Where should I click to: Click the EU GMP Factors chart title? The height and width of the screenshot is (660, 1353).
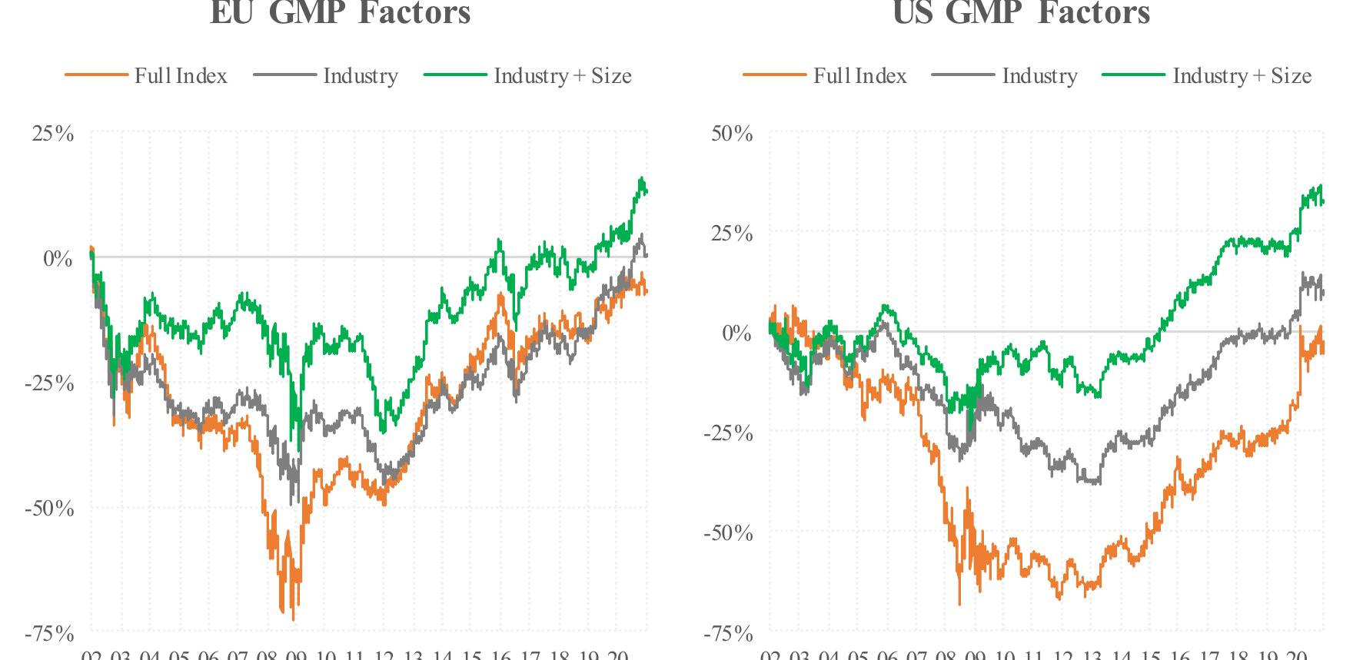(x=340, y=12)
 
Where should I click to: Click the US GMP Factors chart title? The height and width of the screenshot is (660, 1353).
(x=1020, y=12)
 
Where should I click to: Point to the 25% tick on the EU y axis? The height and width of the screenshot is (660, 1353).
(x=52, y=134)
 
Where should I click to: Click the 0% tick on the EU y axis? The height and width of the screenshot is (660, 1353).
(x=57, y=258)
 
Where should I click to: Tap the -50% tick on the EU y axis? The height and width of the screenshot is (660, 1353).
(x=49, y=509)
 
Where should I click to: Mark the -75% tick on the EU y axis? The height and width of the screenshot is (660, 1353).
(x=49, y=634)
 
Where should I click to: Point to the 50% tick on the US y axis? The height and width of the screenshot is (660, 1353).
(x=731, y=134)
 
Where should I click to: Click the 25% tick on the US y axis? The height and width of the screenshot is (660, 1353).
(x=731, y=234)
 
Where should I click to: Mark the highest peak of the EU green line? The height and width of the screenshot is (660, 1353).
(x=642, y=178)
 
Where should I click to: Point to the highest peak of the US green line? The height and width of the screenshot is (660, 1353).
(x=1321, y=185)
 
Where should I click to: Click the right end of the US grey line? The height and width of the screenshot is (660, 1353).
(x=1323, y=293)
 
